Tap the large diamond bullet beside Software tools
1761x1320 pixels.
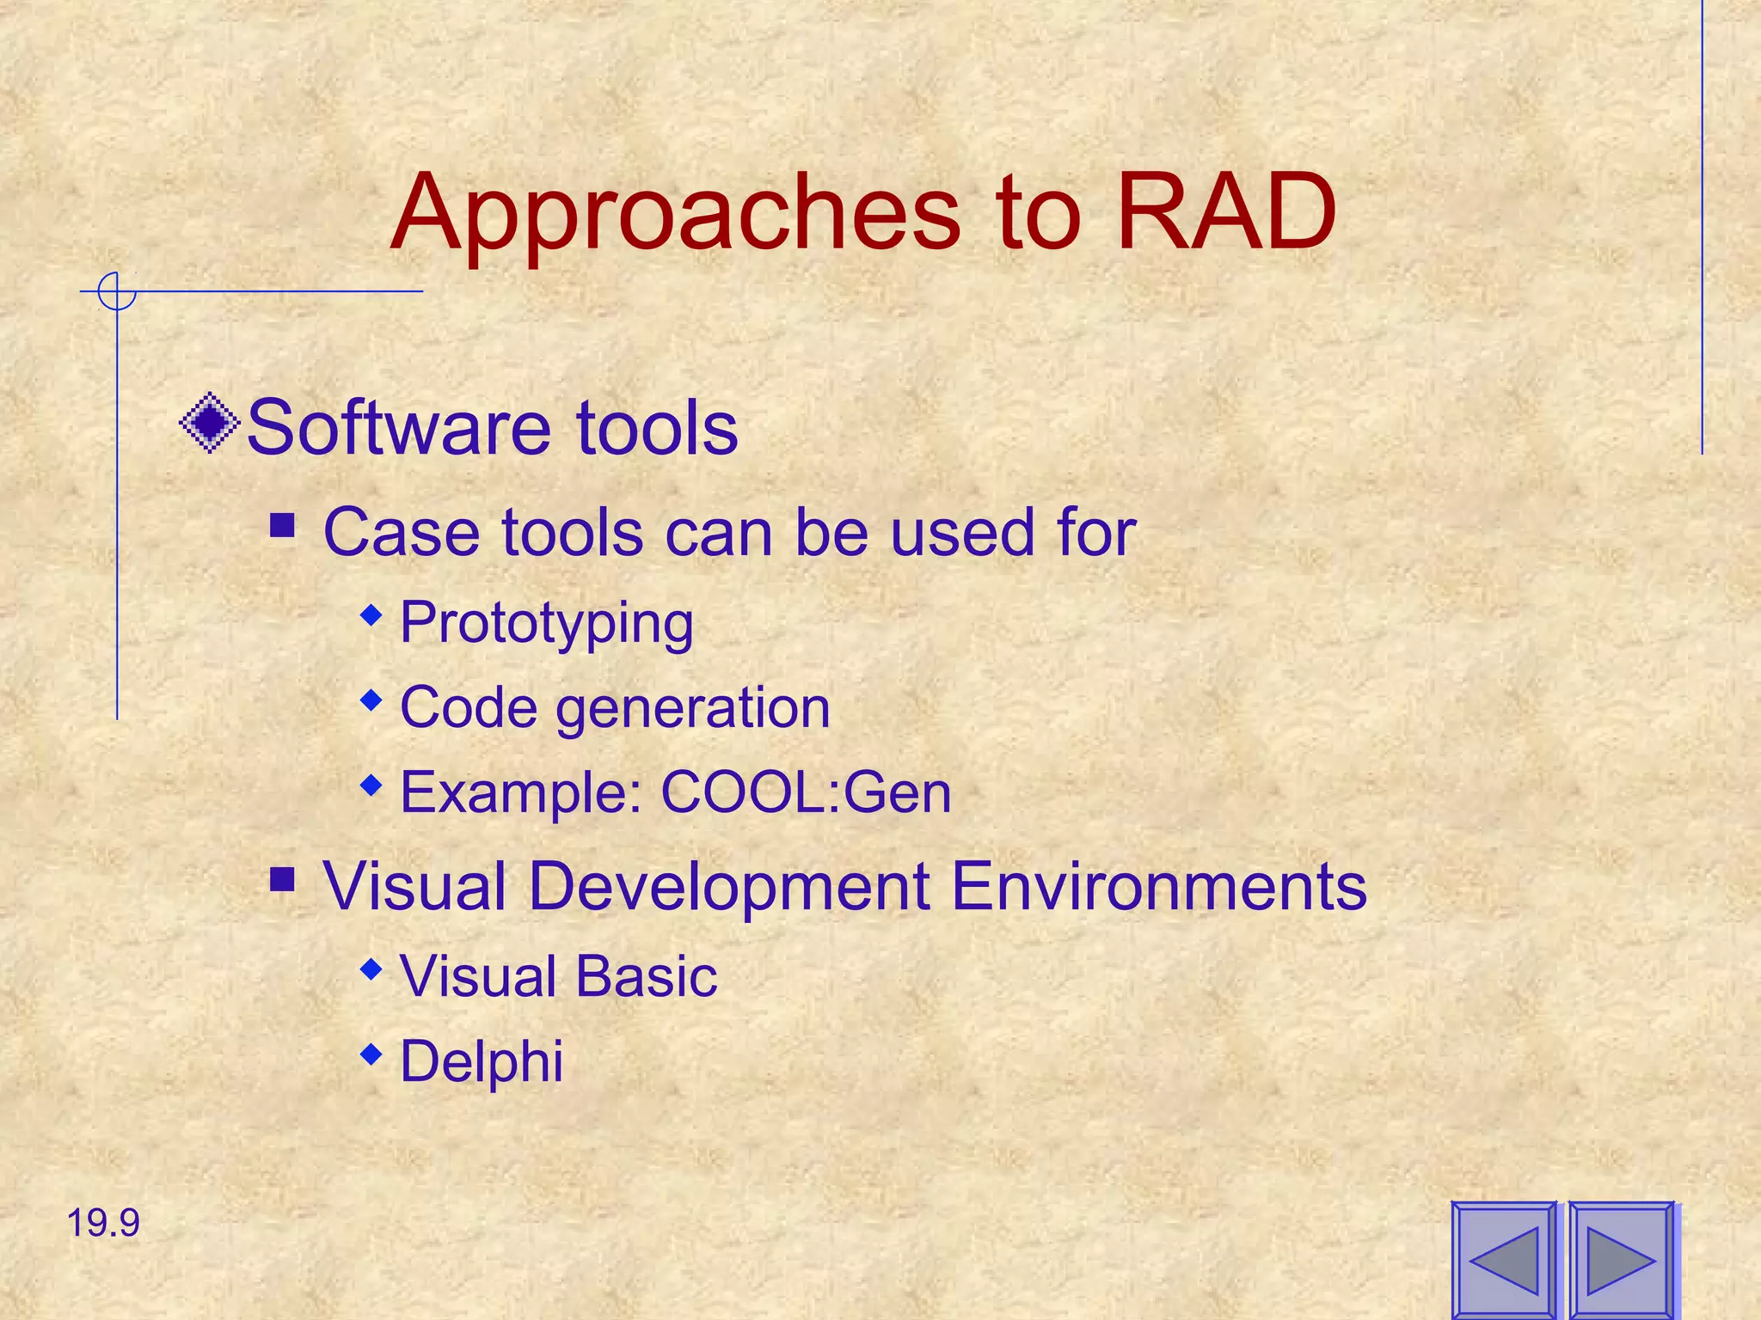pyautogui.click(x=209, y=423)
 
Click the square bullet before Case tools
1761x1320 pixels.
pyautogui.click(x=283, y=525)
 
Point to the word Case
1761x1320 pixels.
pyautogui.click(x=400, y=533)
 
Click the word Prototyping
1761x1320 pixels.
pyautogui.click(x=547, y=623)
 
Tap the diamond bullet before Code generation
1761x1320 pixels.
pyautogui.click(x=371, y=700)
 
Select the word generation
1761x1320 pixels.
pyautogui.click(x=693, y=709)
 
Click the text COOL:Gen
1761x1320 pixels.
pyautogui.click(x=806, y=792)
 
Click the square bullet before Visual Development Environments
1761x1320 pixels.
pyautogui.click(x=283, y=879)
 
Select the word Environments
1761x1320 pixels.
pyautogui.click(x=1158, y=886)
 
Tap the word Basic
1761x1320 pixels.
pyautogui.click(x=646, y=977)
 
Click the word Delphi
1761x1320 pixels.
pyautogui.click(x=482, y=1061)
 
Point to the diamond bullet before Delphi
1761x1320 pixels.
pyautogui.click(x=371, y=1054)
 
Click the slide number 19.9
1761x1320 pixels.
pyautogui.click(x=103, y=1223)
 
